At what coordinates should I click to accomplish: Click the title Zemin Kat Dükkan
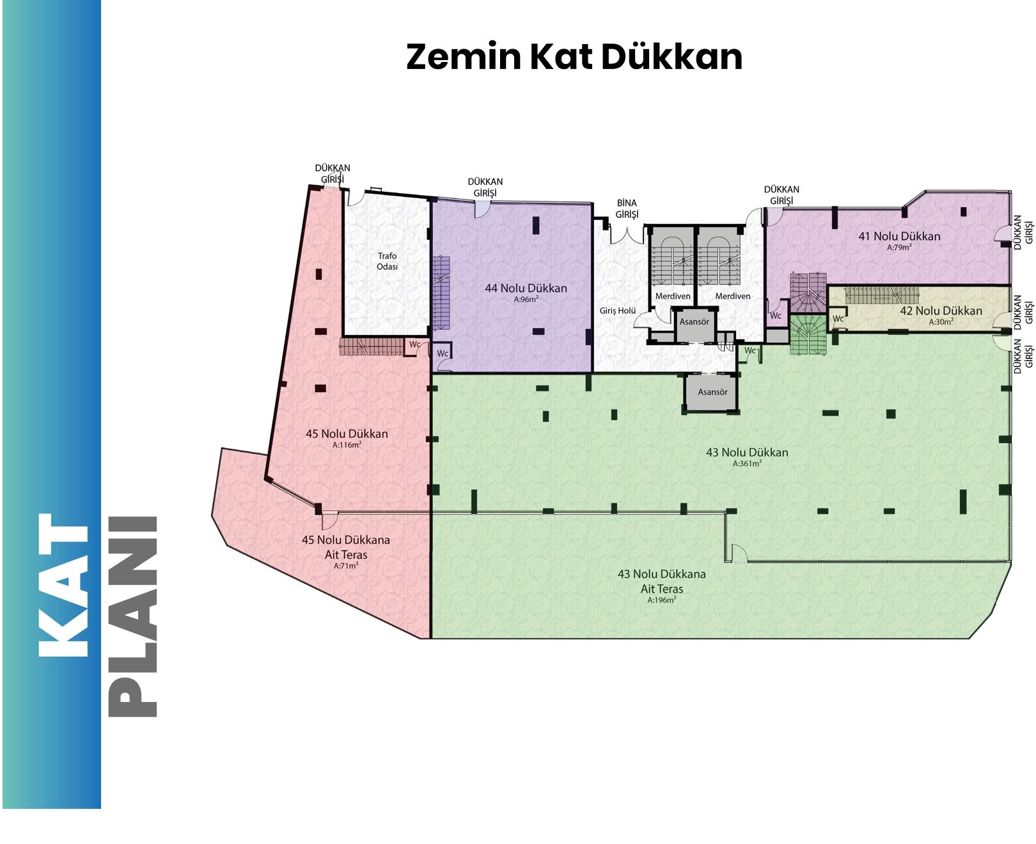coord(574,57)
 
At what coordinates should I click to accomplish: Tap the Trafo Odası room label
coord(387,261)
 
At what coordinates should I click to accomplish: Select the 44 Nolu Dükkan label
coord(526,288)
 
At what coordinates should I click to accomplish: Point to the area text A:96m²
coord(526,299)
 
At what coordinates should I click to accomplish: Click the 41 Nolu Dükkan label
coord(899,237)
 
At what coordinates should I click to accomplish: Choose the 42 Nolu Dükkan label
coord(941,310)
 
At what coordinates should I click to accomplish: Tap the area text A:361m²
coord(747,464)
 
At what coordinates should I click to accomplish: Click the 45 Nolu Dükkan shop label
coord(347,433)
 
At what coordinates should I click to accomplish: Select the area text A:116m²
coord(347,445)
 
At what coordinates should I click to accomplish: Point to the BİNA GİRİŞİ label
coord(627,208)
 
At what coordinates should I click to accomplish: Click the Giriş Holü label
coord(618,310)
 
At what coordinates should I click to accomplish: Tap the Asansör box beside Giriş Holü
coord(694,322)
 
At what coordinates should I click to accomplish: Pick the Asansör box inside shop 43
coord(712,392)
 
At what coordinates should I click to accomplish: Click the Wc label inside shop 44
coord(442,354)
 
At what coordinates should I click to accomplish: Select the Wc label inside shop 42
coord(838,319)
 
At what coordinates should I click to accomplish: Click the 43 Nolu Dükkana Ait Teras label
coord(661,581)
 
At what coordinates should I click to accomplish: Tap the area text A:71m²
coord(346,566)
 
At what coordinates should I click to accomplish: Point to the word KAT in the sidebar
coord(63,585)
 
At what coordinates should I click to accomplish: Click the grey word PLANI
coord(132,616)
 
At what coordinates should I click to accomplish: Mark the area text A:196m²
coord(661,600)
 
